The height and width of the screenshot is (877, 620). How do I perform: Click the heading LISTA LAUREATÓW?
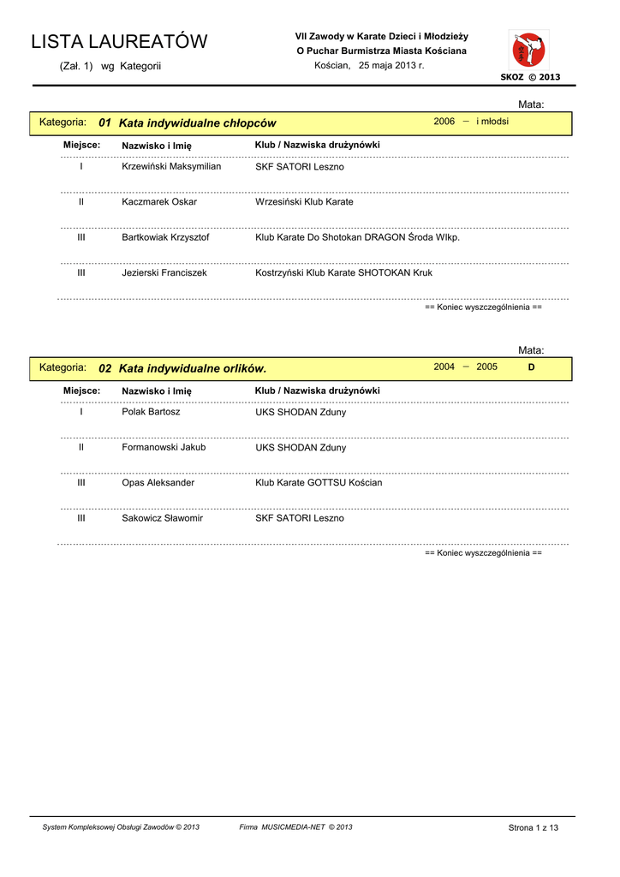(x=119, y=42)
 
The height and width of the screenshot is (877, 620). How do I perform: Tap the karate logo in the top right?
(x=528, y=50)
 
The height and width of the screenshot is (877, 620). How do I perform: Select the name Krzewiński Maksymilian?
(x=171, y=166)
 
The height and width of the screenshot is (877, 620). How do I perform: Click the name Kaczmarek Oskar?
(x=159, y=202)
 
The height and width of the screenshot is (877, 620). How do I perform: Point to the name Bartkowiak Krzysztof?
(x=165, y=237)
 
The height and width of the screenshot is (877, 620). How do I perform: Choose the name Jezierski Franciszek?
(x=164, y=272)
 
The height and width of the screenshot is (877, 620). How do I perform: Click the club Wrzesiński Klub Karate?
(x=304, y=202)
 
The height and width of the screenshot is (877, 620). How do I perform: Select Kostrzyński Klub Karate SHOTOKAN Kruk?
(x=343, y=272)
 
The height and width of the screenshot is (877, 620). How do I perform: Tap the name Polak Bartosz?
(x=151, y=411)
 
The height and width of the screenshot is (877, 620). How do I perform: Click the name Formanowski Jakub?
(x=164, y=447)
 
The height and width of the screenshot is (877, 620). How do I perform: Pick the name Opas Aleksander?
(x=158, y=482)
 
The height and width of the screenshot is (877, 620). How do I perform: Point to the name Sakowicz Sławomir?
(x=162, y=518)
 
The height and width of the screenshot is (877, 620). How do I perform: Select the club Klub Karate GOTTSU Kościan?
(x=319, y=482)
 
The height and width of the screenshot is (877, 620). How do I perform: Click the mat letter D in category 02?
(x=531, y=367)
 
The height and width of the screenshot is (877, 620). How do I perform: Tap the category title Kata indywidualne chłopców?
(x=197, y=123)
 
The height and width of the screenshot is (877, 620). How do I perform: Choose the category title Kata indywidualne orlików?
(x=193, y=368)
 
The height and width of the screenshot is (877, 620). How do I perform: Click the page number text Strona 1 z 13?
(x=533, y=827)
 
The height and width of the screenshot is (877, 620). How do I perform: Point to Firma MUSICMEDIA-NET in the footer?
(x=295, y=827)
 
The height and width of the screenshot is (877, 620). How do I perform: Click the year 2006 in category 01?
(x=444, y=122)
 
